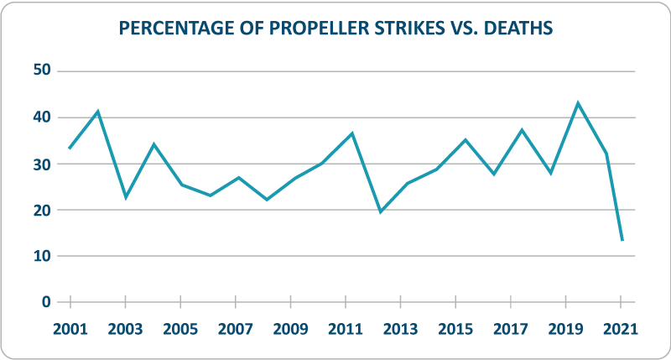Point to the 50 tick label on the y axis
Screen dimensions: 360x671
[42, 71]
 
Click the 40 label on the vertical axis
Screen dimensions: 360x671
[42, 117]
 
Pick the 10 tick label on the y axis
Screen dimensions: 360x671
[42, 256]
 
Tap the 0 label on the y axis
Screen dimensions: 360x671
[47, 302]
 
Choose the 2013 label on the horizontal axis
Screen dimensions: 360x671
[400, 328]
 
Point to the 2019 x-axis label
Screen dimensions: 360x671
[565, 328]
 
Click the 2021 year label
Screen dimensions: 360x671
[621, 328]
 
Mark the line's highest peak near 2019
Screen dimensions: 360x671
[578, 103]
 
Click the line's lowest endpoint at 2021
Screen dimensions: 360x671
[622, 241]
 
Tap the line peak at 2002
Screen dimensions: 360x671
[98, 111]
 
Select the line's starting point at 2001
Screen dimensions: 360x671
[70, 149]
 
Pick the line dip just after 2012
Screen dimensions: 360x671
[380, 211]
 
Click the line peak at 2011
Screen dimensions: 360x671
[352, 133]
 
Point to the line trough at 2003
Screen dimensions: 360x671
[126, 197]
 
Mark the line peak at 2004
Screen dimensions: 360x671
[153, 144]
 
